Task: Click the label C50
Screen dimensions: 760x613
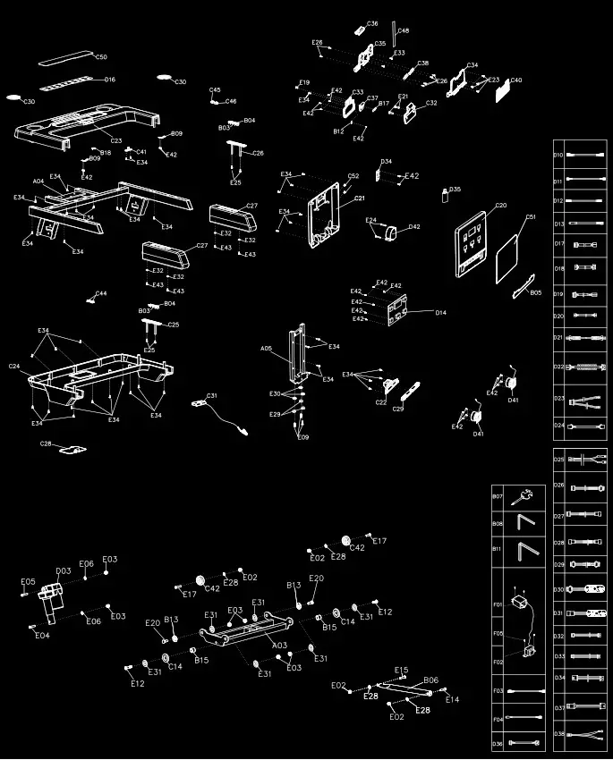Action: (101, 57)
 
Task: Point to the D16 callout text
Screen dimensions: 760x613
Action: (110, 80)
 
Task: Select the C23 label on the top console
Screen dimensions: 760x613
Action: (116, 140)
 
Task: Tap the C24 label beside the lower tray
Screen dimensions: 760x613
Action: (14, 367)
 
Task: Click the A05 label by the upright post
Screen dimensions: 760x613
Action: (266, 348)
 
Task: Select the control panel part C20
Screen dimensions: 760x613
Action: (472, 239)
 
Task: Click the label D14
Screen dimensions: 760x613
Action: (440, 312)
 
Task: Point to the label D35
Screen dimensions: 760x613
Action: (455, 190)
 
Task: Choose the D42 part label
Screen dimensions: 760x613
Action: (413, 227)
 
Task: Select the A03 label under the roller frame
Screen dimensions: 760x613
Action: (279, 645)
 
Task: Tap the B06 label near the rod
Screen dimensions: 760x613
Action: (430, 680)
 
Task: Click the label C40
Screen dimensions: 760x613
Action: (516, 80)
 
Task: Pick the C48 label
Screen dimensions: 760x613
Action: (404, 31)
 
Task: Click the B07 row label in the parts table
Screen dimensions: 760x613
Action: (498, 496)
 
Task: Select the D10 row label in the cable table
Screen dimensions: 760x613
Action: (558, 156)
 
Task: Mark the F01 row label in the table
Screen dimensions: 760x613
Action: (498, 604)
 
